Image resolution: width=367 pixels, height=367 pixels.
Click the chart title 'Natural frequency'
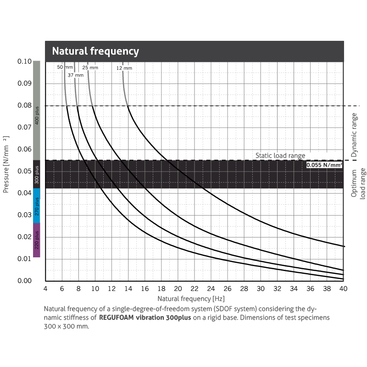(95, 51)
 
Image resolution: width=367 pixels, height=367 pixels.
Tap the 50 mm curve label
(62, 67)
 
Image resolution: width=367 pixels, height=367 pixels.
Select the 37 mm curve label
(76, 75)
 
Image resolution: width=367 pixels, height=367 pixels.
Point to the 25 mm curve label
(90, 67)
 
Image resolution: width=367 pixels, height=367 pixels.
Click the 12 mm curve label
(124, 68)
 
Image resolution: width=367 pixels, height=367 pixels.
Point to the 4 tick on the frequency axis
(45, 289)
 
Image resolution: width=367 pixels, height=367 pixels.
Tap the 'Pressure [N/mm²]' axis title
(6, 164)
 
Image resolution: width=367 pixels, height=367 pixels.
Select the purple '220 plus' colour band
(37, 240)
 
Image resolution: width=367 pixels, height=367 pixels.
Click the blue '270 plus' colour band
(37, 206)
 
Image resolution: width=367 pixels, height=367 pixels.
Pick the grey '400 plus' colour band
(37, 111)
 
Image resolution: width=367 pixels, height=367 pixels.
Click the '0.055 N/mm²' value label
(324, 164)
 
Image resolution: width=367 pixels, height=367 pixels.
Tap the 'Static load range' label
(280, 156)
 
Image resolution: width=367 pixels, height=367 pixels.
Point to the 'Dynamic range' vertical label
(354, 133)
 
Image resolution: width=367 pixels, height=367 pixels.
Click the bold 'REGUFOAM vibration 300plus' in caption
(145, 317)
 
